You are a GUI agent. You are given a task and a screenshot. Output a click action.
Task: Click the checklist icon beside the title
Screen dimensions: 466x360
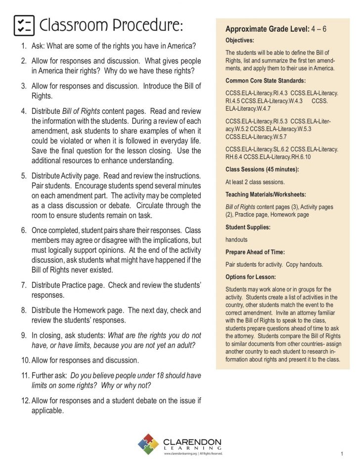pyautogui.click(x=24, y=25)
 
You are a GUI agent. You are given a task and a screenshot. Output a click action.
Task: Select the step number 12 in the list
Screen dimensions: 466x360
pyautogui.click(x=25, y=400)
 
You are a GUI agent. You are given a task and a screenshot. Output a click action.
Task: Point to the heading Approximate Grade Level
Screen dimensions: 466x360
pyautogui.click(x=267, y=29)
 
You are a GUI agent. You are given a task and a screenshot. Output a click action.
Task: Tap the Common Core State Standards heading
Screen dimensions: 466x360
pyautogui.click(x=266, y=80)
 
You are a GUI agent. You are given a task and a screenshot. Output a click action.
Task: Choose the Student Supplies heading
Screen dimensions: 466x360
pyautogui.click(x=248, y=227)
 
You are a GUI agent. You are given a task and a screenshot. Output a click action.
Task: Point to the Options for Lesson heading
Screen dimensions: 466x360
pyautogui.click(x=251, y=277)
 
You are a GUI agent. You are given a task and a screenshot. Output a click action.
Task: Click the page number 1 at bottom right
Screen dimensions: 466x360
pyautogui.click(x=342, y=454)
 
